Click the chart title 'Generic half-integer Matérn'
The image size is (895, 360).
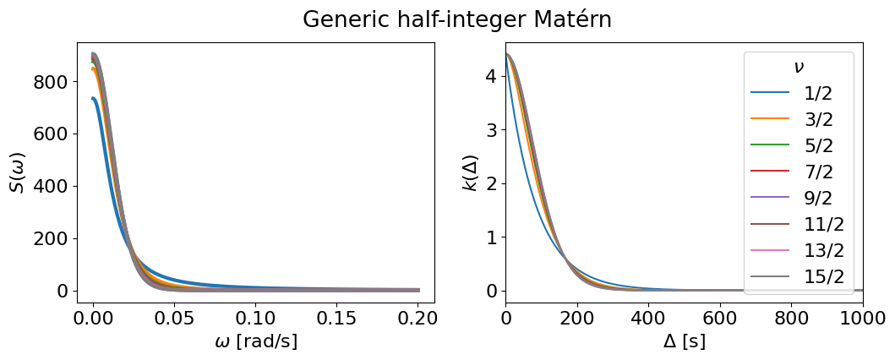456,19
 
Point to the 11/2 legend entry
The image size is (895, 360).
799,224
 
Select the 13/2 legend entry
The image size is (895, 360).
799,250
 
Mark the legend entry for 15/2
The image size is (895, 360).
799,276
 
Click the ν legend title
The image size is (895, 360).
799,67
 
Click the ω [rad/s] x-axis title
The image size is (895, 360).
256,341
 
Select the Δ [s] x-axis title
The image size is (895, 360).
684,341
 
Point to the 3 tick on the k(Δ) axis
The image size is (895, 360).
493,130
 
